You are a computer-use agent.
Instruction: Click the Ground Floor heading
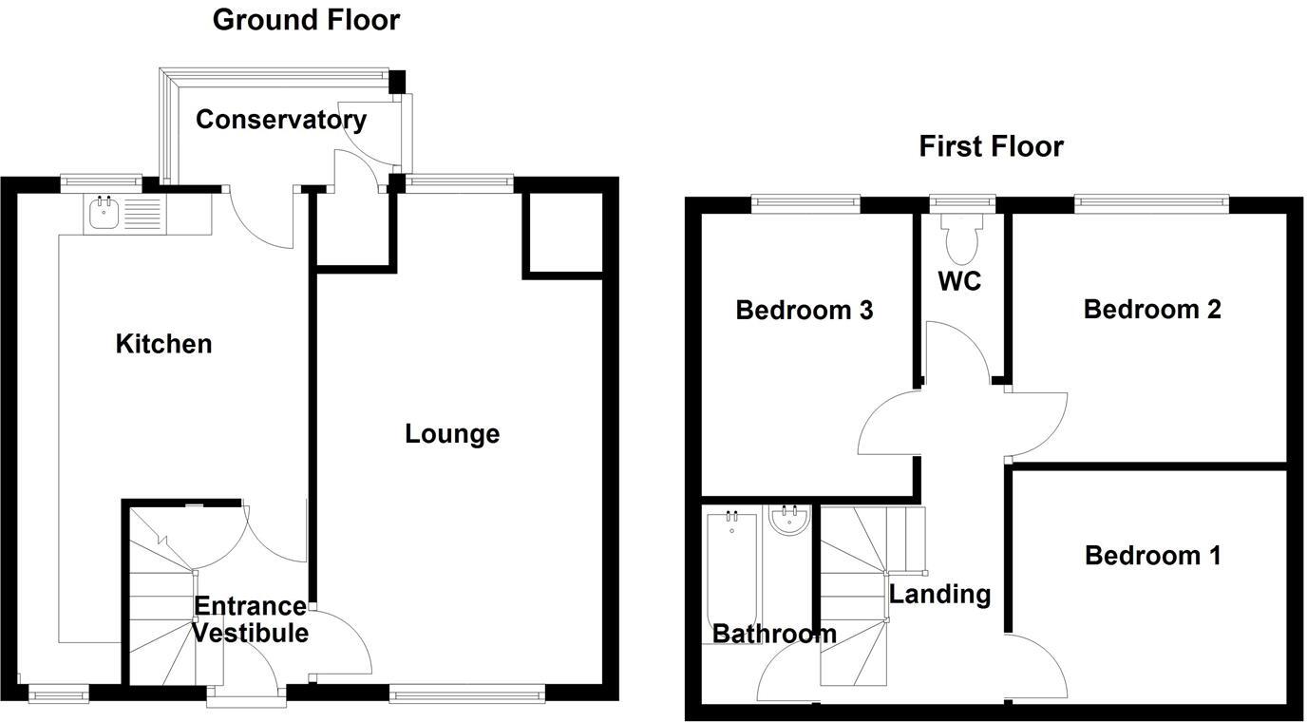pyautogui.click(x=306, y=19)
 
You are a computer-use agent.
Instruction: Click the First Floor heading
pyautogui.click(x=991, y=146)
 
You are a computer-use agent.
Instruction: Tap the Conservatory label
pyautogui.click(x=280, y=120)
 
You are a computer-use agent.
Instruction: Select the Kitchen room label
pyautogui.click(x=163, y=344)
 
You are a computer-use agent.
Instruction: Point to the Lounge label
pyautogui.click(x=452, y=434)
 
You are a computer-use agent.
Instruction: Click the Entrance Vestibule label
pyautogui.click(x=251, y=619)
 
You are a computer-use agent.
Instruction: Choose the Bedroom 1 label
pyautogui.click(x=1152, y=555)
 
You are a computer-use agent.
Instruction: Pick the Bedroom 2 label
pyautogui.click(x=1152, y=309)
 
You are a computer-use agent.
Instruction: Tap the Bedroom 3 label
pyautogui.click(x=804, y=310)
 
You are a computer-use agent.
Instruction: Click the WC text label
pyautogui.click(x=958, y=282)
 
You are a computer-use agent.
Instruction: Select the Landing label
pyautogui.click(x=939, y=595)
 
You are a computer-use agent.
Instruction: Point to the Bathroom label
pyautogui.click(x=774, y=634)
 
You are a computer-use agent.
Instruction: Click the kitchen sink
pyautogui.click(x=104, y=214)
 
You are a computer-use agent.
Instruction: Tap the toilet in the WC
pyautogui.click(x=961, y=237)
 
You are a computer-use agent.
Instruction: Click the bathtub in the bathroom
pyautogui.click(x=731, y=570)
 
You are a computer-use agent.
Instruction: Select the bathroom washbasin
pyautogui.click(x=788, y=520)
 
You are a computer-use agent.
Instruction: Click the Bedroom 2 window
pyautogui.click(x=1151, y=201)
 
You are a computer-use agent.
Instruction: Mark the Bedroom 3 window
pyautogui.click(x=805, y=201)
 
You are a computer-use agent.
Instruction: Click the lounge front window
pyautogui.click(x=467, y=694)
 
